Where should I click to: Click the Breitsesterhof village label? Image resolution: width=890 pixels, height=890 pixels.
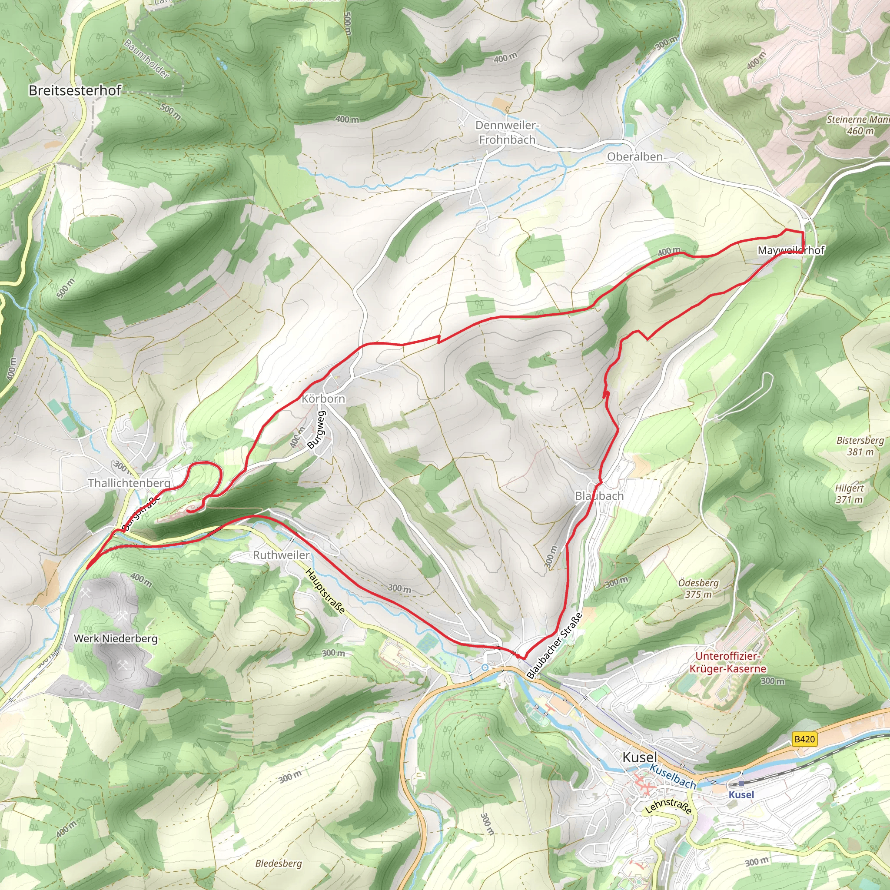point(75,90)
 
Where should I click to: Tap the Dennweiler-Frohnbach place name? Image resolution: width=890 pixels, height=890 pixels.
point(507,132)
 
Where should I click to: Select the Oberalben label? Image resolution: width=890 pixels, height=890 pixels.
point(634,156)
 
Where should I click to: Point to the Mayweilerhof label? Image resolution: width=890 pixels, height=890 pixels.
point(784,250)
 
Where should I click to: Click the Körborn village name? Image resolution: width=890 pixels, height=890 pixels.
point(323,399)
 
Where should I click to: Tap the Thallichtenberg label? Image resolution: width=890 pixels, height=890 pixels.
point(129,483)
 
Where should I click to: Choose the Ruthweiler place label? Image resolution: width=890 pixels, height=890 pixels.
point(281,555)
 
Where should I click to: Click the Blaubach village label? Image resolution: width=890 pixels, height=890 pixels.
point(599,496)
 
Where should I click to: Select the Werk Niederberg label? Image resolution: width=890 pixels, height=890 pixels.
point(116,638)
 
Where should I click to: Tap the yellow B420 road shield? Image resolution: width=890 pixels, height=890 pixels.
point(804,739)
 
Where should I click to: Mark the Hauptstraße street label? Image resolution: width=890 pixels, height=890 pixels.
point(325,591)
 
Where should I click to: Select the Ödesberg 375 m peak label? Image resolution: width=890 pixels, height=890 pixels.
point(698,588)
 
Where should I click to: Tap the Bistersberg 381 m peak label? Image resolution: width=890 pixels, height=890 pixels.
point(860,445)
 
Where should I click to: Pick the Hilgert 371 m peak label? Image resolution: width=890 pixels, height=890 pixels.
point(849,493)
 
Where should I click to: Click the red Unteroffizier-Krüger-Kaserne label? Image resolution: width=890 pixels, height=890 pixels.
point(727,662)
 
